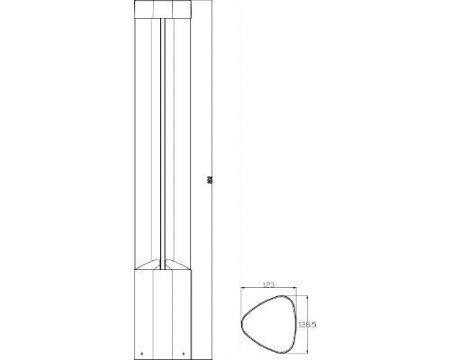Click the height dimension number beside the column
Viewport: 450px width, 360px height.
(x=207, y=179)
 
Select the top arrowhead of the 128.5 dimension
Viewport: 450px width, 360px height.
(x=306, y=299)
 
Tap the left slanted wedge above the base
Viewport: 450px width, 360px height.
(x=148, y=267)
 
